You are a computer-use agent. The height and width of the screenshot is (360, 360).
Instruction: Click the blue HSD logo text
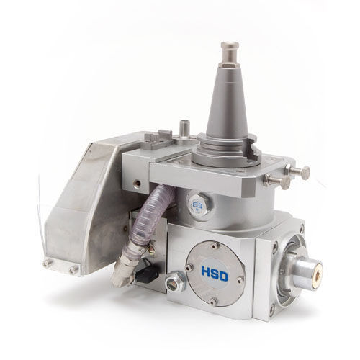pyautogui.click(x=215, y=274)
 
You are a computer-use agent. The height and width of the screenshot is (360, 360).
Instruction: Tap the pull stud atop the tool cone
pyautogui.click(x=230, y=55)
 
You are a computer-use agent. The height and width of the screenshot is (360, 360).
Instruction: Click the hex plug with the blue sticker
pyautogui.click(x=199, y=205)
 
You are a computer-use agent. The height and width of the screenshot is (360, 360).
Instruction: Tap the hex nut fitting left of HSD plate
pyautogui.click(x=176, y=282)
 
